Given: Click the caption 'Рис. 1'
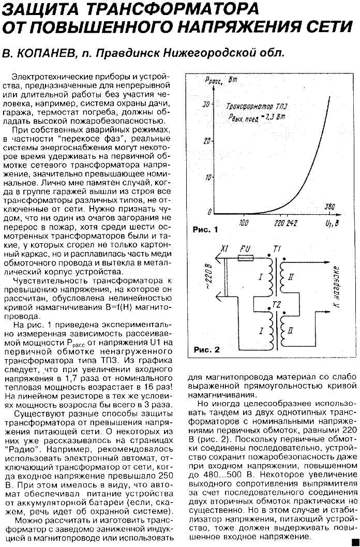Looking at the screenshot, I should (205, 229).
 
